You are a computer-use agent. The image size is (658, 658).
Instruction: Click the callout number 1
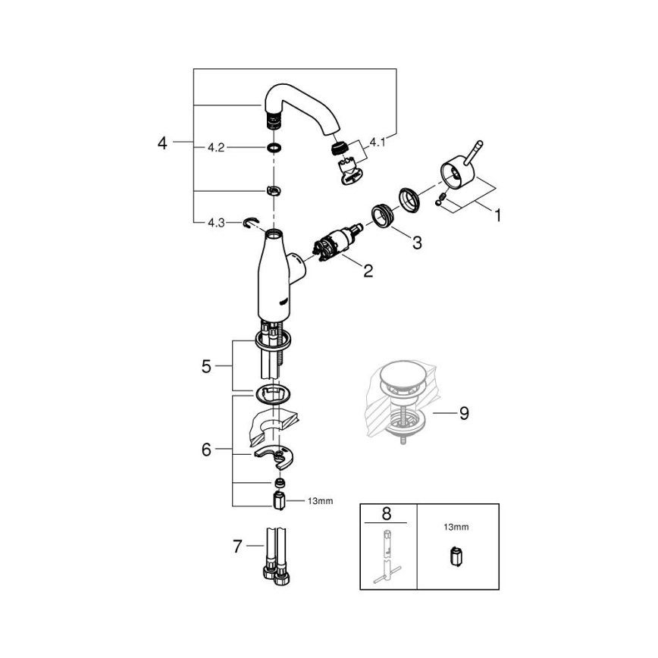(x=497, y=216)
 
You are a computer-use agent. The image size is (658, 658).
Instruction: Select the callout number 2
(x=368, y=271)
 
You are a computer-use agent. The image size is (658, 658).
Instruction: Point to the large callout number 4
(x=161, y=143)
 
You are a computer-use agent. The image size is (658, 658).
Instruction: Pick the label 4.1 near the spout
(x=378, y=141)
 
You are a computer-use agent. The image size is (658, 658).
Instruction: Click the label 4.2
(x=216, y=148)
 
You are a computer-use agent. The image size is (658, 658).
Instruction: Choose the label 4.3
(x=216, y=223)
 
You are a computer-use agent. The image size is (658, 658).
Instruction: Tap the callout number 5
(x=205, y=367)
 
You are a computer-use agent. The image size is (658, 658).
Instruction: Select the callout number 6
(x=205, y=449)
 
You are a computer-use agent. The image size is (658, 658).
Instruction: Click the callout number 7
(x=237, y=546)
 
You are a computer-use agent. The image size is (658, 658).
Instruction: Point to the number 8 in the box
(x=387, y=513)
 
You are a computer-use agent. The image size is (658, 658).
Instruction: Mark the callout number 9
(x=464, y=413)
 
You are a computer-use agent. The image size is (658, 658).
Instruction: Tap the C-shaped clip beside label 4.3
(x=251, y=222)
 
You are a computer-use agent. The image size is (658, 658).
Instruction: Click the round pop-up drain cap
(x=400, y=377)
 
